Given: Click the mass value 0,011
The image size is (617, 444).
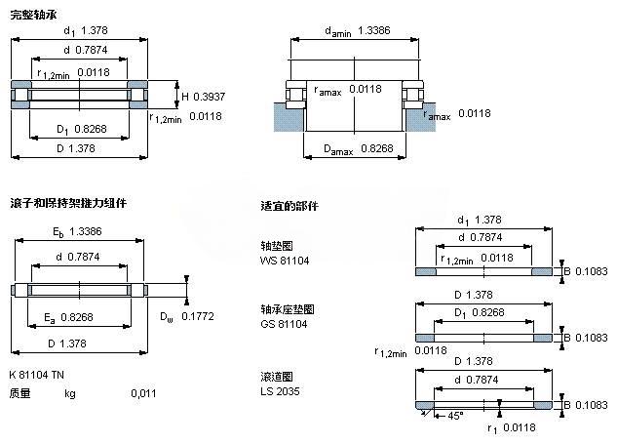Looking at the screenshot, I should pyautogui.click(x=143, y=393).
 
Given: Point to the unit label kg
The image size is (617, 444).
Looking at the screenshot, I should pyautogui.click(x=70, y=393).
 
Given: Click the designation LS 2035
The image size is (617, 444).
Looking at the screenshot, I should pyautogui.click(x=281, y=391).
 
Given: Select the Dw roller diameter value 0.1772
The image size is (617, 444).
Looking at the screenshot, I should pyautogui.click(x=200, y=317).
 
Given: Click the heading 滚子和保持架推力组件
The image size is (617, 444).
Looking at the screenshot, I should pyautogui.click(x=67, y=203).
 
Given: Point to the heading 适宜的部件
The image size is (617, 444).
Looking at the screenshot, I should pyautogui.click(x=289, y=207).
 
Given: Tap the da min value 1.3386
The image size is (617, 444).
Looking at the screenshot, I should pyautogui.click(x=374, y=31).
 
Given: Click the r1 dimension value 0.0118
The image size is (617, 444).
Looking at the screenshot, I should pyautogui.click(x=521, y=426).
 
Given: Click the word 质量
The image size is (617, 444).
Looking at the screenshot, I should pyautogui.click(x=19, y=393).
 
